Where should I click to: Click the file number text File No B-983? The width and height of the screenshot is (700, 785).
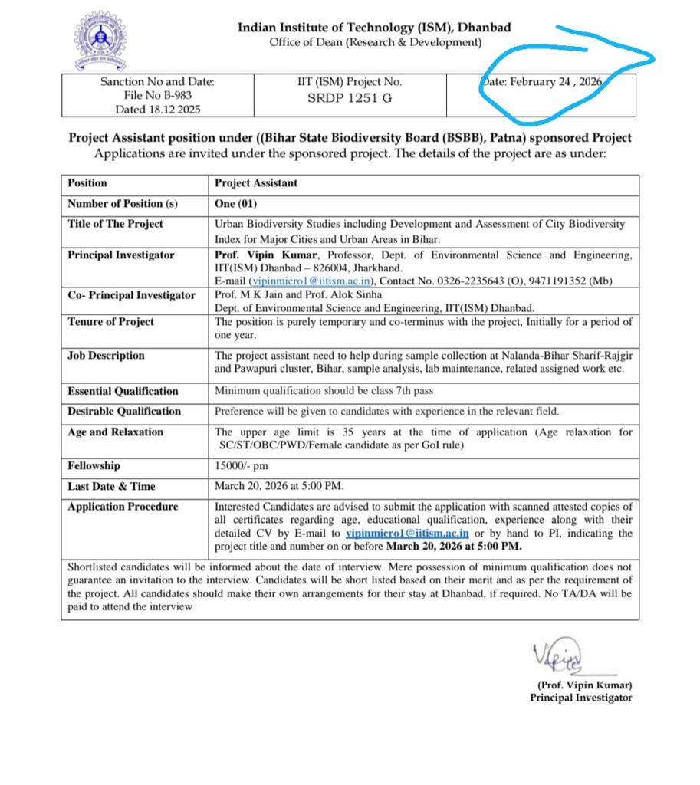pyautogui.click(x=157, y=96)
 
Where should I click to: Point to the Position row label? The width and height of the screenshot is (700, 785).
pyautogui.click(x=87, y=183)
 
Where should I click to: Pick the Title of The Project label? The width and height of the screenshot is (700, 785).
pyautogui.click(x=115, y=224)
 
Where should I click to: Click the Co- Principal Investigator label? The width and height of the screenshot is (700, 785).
pyautogui.click(x=131, y=295)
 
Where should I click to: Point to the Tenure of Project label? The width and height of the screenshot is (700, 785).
pyautogui.click(x=110, y=322)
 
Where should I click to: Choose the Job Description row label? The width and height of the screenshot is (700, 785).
pyautogui.click(x=106, y=356)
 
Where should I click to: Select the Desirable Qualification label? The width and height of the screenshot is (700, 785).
pyautogui.click(x=124, y=411)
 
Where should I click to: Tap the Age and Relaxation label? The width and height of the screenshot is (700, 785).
pyautogui.click(x=115, y=432)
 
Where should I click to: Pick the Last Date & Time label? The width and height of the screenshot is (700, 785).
pyautogui.click(x=111, y=486)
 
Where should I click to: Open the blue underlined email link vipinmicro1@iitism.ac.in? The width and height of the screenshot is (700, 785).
pyautogui.click(x=407, y=534)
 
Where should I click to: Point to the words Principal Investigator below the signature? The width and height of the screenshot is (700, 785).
pyautogui.click(x=580, y=698)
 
